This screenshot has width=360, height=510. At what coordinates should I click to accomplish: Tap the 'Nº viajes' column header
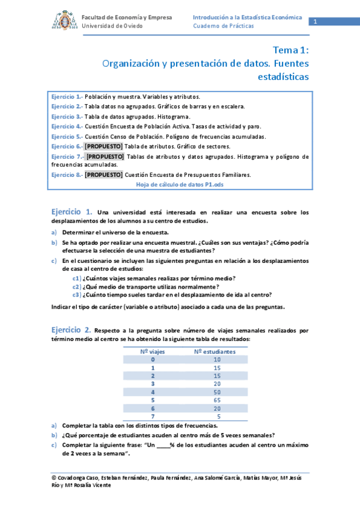tap(153, 351)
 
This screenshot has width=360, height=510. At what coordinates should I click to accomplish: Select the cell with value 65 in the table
tap(217, 399)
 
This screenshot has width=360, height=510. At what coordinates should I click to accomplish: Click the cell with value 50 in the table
tap(217, 392)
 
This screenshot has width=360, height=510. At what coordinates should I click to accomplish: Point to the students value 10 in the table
tap(217, 359)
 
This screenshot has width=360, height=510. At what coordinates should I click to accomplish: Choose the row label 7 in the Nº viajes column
tap(153, 416)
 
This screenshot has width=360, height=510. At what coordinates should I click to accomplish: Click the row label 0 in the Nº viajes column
tap(153, 359)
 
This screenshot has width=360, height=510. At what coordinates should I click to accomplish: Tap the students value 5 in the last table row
tap(218, 416)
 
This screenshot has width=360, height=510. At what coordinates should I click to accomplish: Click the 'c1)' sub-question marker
tap(77, 278)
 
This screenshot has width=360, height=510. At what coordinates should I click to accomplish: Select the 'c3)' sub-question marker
tap(77, 295)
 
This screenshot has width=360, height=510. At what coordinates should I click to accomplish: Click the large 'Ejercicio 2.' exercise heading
tap(71, 330)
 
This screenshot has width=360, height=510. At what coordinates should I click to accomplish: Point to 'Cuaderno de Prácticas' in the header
tap(223, 26)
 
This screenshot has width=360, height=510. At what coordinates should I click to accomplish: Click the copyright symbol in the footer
tap(55, 478)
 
